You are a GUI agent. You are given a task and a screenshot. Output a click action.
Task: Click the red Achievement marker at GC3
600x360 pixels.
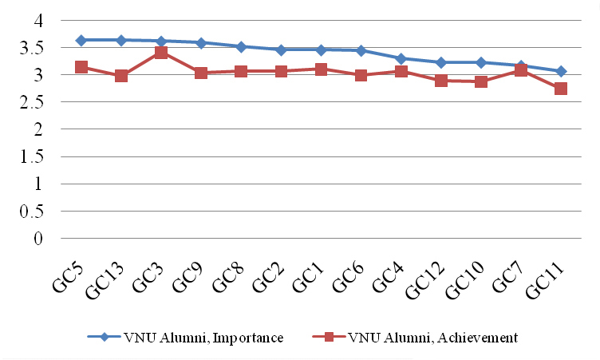[x=160, y=53]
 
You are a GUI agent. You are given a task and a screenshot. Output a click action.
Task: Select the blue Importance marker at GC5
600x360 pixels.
[x=81, y=40]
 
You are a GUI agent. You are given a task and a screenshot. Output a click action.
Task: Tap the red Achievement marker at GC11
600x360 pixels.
[x=561, y=89]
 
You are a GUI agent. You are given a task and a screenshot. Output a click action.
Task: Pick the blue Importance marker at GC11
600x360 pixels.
[x=561, y=71]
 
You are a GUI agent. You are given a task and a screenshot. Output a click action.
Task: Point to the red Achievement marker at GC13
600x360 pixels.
[x=120, y=76]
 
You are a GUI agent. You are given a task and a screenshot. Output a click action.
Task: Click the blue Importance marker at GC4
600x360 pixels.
[x=401, y=58]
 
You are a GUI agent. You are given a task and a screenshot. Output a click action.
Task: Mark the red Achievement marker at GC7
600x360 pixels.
[x=521, y=70]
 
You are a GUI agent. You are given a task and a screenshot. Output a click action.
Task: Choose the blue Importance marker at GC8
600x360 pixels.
[x=241, y=46]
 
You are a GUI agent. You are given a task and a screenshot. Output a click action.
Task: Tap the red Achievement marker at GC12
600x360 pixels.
[x=440, y=81]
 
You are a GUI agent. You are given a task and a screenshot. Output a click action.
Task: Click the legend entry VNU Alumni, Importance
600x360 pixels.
[x=186, y=338]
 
